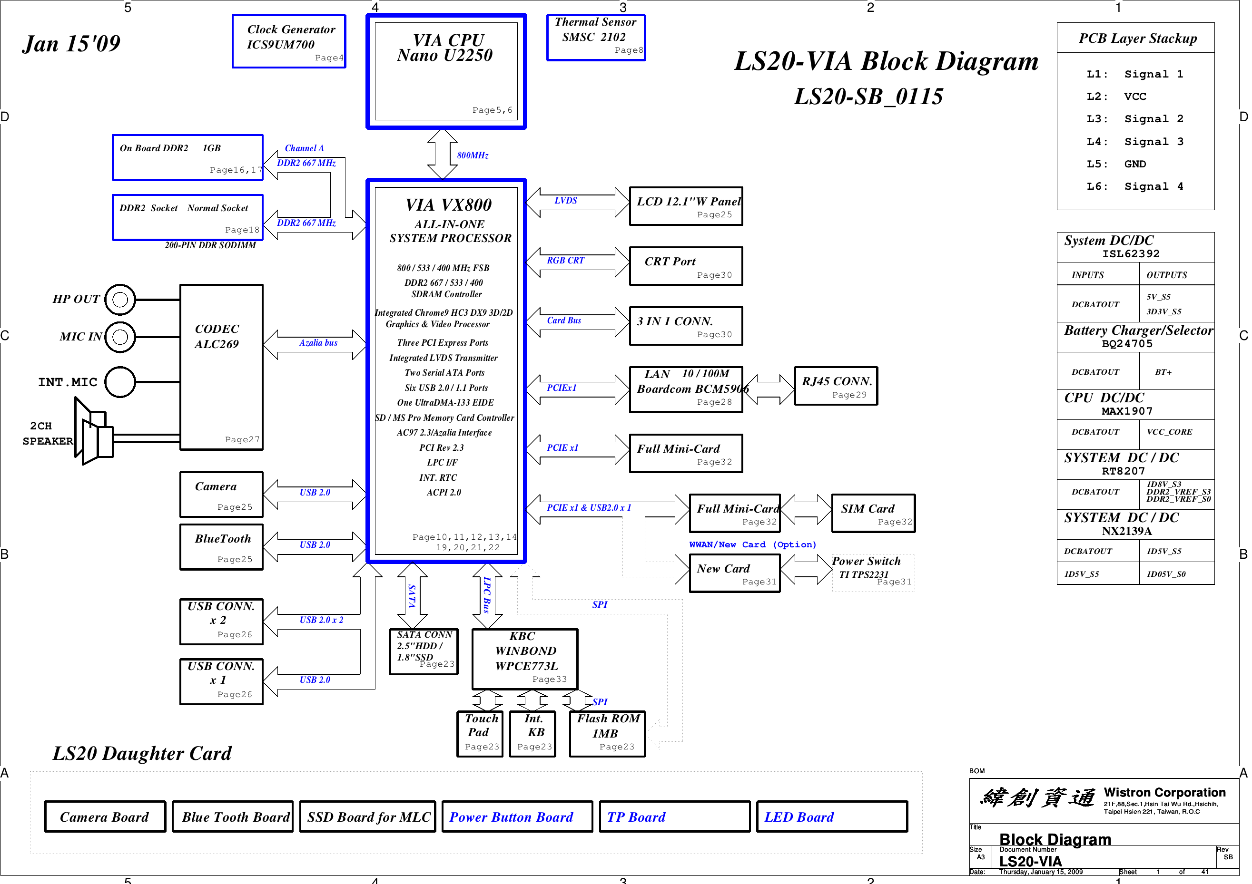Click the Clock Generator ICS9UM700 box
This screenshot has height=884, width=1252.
[x=288, y=41]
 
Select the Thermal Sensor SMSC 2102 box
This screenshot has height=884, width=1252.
[x=595, y=38]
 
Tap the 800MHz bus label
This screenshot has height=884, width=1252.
[x=472, y=155]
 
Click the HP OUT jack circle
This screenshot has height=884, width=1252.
[x=120, y=299]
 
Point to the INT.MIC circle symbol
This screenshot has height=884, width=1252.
[x=120, y=381]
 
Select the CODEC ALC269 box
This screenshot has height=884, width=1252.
[x=221, y=367]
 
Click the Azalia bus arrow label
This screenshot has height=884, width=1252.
[x=318, y=343]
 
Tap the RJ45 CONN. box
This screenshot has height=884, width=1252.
[x=836, y=386]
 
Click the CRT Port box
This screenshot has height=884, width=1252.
[x=685, y=266]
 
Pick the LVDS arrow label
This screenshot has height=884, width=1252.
[x=565, y=201]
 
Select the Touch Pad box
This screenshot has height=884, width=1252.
[x=479, y=733]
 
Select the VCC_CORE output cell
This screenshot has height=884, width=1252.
[x=1176, y=432]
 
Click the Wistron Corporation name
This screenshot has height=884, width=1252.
[x=1164, y=792]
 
